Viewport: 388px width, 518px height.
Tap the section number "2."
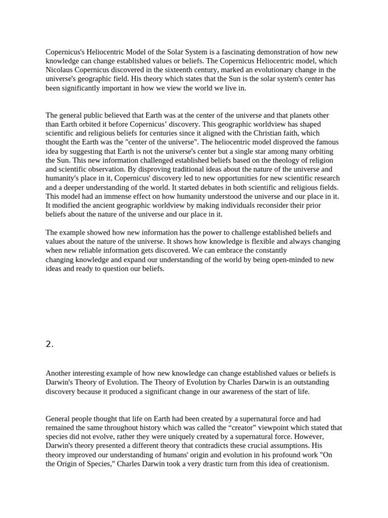coord(50,344)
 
